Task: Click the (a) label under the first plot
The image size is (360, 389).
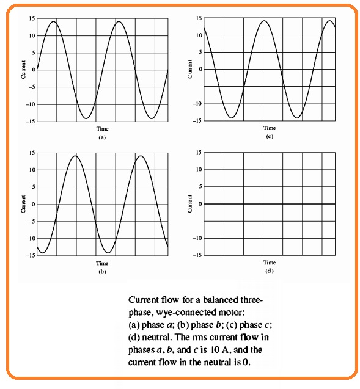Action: pos(102,138)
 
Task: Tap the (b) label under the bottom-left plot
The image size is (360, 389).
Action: pos(102,271)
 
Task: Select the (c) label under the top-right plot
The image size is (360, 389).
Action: pos(269,137)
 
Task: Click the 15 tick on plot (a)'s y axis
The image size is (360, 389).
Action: pos(30,18)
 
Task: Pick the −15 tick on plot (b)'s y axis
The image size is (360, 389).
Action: pos(29,255)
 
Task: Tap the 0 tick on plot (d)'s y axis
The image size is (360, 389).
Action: pos(199,204)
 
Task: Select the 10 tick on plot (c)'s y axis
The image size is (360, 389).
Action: pos(198,35)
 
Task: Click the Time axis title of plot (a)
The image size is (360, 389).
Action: pos(102,129)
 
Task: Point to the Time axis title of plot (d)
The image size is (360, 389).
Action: pos(269,263)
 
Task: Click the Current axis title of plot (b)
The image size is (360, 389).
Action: pos(23,203)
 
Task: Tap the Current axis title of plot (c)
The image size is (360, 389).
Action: pos(190,69)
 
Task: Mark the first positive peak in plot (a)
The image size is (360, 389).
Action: pos(53,21)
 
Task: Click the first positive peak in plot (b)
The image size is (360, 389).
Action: pos(75,156)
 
